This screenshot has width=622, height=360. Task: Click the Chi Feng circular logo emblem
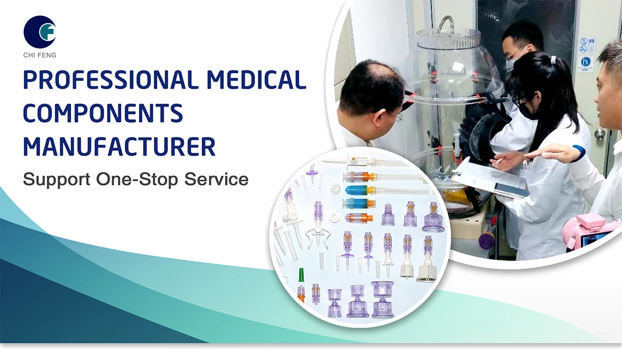click(x=39, y=32)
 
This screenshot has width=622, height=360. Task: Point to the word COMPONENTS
click(x=103, y=114)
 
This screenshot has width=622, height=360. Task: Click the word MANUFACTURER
click(x=119, y=147)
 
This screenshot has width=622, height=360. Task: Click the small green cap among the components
click(x=301, y=274)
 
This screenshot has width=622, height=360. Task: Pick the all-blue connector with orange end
click(x=360, y=190)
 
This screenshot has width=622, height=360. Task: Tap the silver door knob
click(x=600, y=134)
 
